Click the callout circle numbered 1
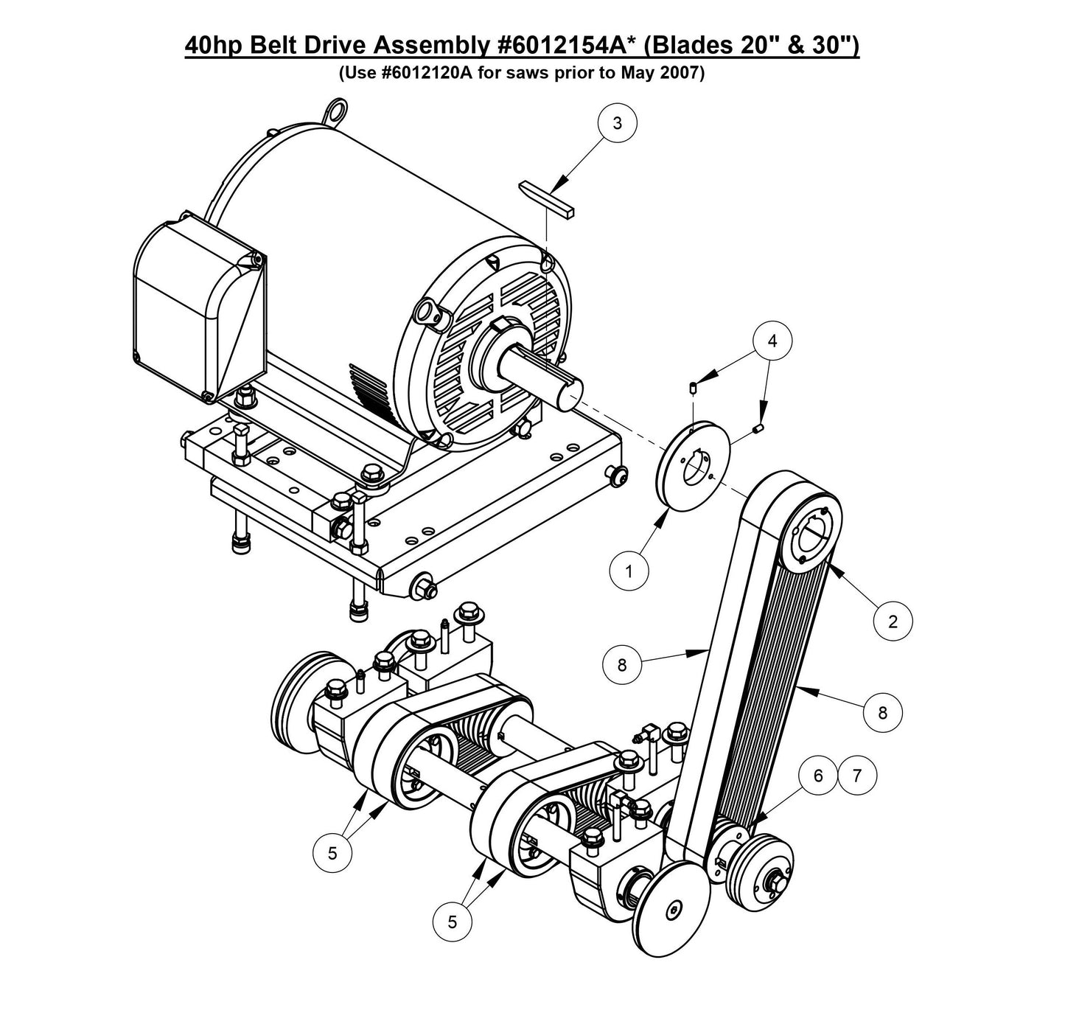coord(629,571)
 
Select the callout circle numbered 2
coord(893,622)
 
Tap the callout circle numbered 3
coord(617,124)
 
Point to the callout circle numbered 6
coord(817,776)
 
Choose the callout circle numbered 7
coord(856,776)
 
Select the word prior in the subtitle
coord(582,74)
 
